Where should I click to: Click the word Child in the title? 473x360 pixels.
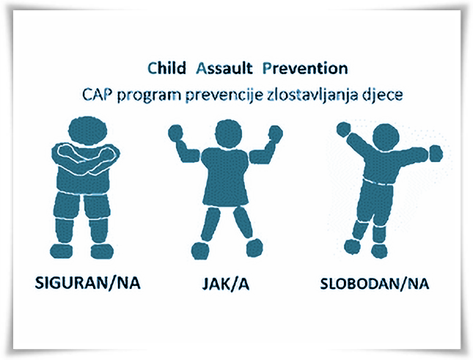pos(166,68)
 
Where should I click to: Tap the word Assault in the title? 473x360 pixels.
pos(224,68)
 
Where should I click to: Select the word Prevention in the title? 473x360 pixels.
pos(305,68)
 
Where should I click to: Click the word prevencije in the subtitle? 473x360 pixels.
pos(224,96)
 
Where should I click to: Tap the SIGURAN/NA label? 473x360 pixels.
pos(88,283)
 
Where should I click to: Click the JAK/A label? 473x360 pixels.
pos(226,284)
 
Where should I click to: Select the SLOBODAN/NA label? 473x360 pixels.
pos(374,284)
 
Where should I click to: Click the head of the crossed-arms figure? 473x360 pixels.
pos(88,130)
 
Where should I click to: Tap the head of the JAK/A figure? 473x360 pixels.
pos(230,133)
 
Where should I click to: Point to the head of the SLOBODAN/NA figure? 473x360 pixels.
pos(386,137)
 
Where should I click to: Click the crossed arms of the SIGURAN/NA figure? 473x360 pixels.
pos(86,155)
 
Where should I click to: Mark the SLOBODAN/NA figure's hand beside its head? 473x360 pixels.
pos(343,130)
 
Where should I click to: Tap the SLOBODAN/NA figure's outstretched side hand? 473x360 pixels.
pos(436,153)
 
